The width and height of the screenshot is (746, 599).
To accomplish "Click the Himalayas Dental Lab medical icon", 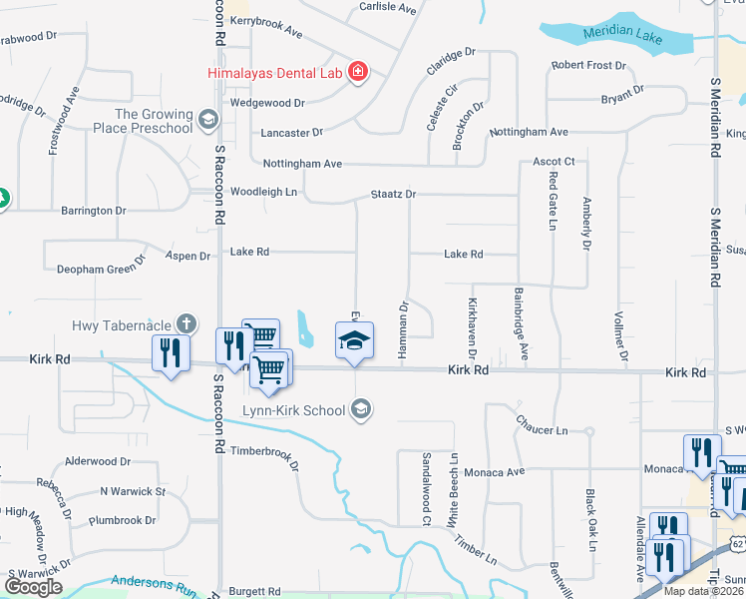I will click(358, 72).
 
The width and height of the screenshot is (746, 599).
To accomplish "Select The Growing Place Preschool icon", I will click(208, 121).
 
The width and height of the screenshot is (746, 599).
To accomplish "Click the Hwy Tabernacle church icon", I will click(185, 324).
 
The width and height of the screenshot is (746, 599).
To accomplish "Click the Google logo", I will click(33, 586).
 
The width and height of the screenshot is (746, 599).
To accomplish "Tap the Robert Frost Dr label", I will click(588, 66).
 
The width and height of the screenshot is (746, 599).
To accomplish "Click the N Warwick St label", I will click(132, 491).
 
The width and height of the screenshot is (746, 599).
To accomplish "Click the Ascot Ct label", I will click(555, 161).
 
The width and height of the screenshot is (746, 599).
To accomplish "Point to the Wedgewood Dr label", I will click(267, 103).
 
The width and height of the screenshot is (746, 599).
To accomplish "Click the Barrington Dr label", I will click(94, 211).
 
